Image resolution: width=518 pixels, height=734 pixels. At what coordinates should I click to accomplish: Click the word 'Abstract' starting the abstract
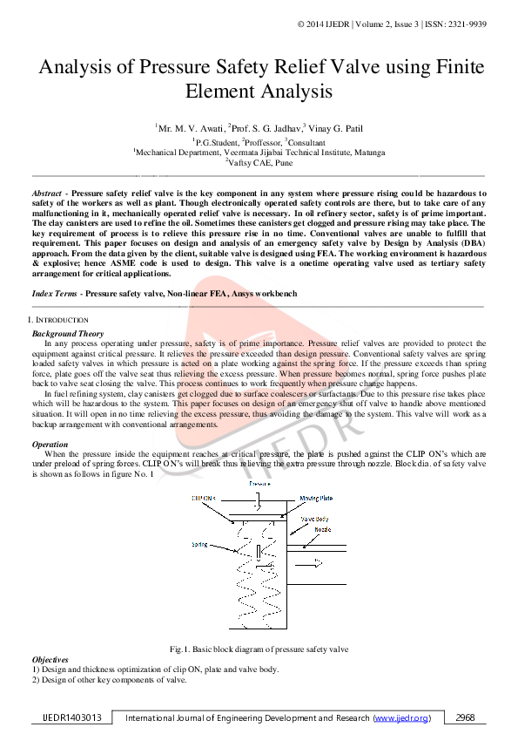(46, 192)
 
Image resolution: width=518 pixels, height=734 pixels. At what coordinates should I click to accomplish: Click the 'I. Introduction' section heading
(57, 321)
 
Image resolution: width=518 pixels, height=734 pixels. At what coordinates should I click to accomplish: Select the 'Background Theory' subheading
(68, 334)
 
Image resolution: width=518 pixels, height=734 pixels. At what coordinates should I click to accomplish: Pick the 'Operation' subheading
(50, 445)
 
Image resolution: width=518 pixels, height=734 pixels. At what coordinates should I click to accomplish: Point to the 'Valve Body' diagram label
(314, 518)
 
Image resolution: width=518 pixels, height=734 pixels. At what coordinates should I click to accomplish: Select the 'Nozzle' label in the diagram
(322, 529)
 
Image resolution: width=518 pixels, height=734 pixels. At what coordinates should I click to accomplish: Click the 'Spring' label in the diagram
(199, 544)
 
